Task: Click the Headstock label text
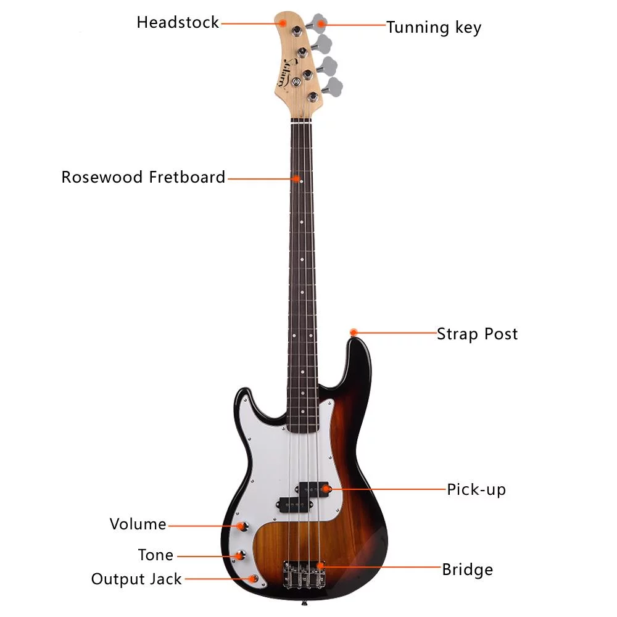pyautogui.click(x=178, y=23)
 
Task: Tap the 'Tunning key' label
pyautogui.click(x=434, y=27)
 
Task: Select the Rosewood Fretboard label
pyautogui.click(x=143, y=178)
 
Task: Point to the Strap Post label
pyautogui.click(x=477, y=334)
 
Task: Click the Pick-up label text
pyautogui.click(x=476, y=490)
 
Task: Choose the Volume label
pyautogui.click(x=138, y=524)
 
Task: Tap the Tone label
pyautogui.click(x=155, y=555)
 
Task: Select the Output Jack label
pyautogui.click(x=136, y=579)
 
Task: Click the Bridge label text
pyautogui.click(x=467, y=569)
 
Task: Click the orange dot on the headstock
pyautogui.click(x=283, y=22)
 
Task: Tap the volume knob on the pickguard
pyautogui.click(x=242, y=526)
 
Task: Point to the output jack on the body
pyautogui.click(x=254, y=579)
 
